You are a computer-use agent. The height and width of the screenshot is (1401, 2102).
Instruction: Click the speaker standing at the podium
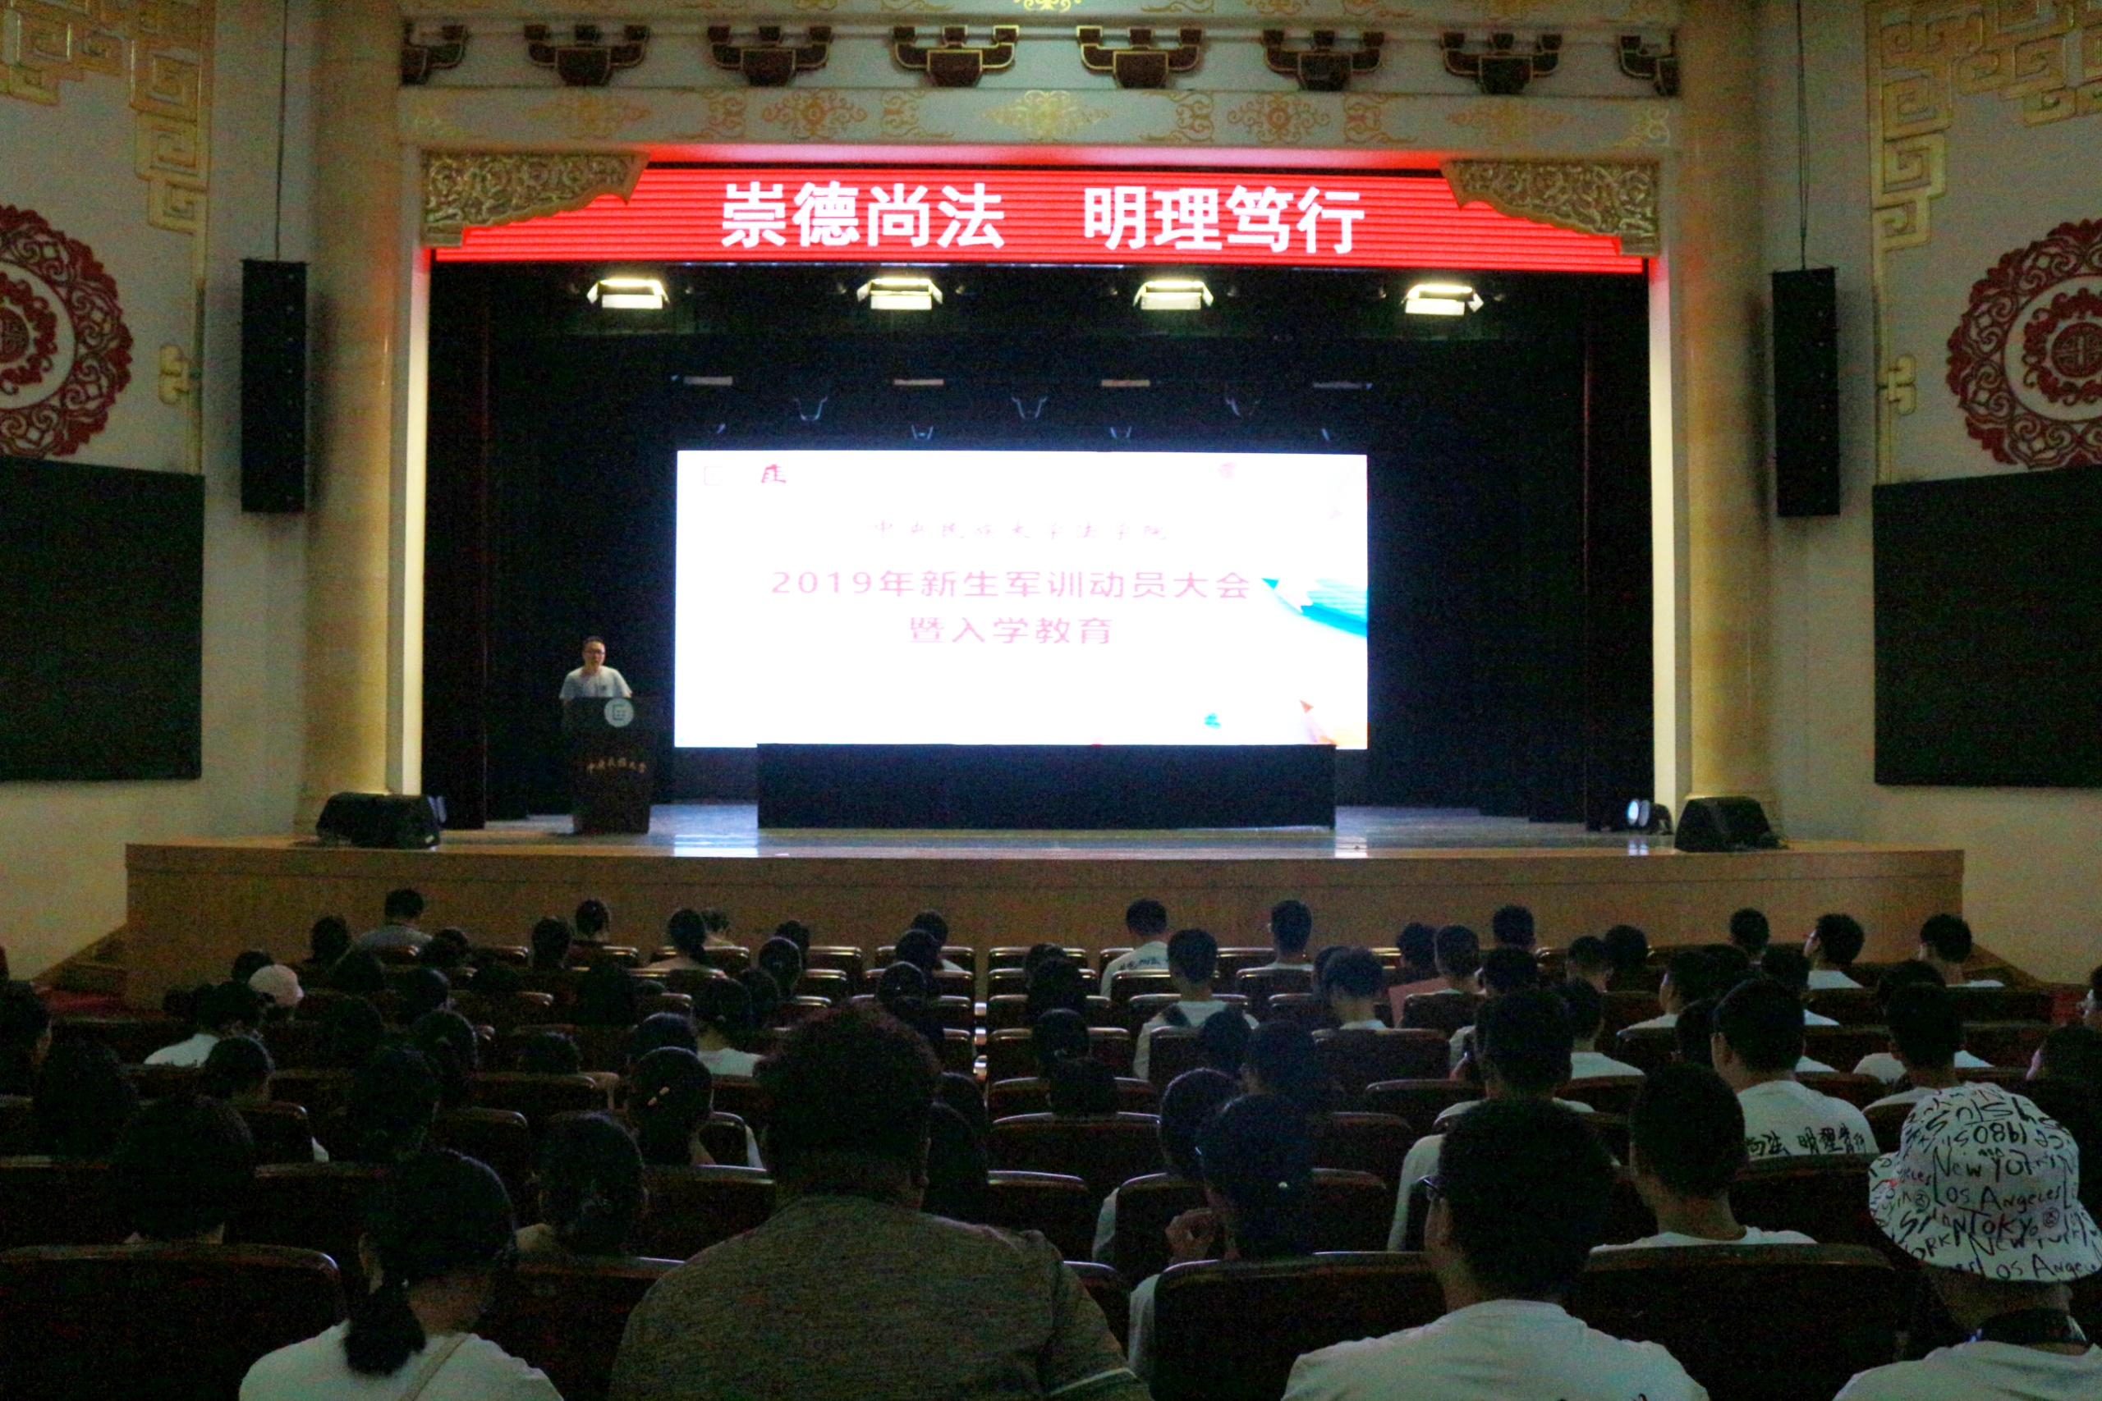[594, 670]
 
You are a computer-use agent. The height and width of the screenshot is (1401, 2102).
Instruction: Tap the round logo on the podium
[618, 713]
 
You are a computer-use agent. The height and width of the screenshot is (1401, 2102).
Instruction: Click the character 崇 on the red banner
[755, 215]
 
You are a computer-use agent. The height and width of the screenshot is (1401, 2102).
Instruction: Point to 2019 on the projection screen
[821, 584]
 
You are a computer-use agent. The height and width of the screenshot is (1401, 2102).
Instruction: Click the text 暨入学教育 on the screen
[1010, 631]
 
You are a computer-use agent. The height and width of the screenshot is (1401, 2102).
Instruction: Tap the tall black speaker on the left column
[273, 386]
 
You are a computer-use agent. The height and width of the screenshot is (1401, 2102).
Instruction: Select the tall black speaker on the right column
[1806, 392]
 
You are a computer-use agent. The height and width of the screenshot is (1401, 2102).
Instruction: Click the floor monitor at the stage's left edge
[379, 819]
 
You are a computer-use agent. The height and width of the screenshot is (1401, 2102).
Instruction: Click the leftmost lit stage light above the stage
[627, 293]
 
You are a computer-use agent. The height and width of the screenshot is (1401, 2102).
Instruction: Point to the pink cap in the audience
[276, 984]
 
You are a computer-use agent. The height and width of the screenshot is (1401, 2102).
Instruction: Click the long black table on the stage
[1045, 785]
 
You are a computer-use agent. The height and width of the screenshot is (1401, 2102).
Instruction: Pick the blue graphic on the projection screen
[1323, 603]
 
